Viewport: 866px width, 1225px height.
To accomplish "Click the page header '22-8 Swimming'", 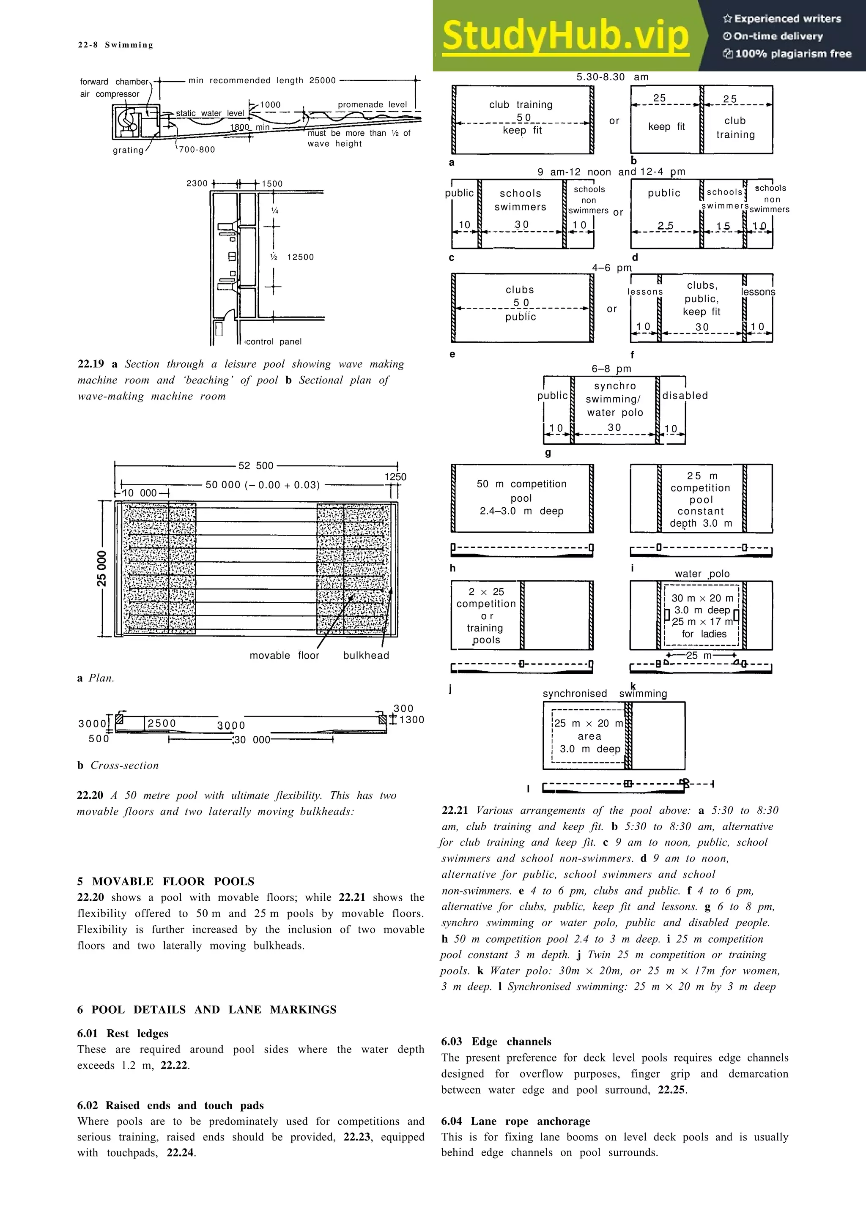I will point(115,45).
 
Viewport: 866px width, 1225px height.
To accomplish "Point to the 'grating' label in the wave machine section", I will point(128,150).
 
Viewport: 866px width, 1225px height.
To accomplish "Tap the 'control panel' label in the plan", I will point(274,342).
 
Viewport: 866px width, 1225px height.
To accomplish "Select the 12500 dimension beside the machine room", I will point(300,257).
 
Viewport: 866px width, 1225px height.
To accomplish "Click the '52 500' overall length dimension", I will point(256,466).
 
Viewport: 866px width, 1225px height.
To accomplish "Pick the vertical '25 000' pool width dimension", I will point(101,569).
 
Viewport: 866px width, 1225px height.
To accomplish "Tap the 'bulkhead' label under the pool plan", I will point(366,655).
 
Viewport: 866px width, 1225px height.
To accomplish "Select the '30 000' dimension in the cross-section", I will point(253,740).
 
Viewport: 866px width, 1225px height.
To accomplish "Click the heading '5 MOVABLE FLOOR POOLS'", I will point(166,881).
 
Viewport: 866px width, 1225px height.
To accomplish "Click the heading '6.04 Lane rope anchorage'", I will point(515,1121).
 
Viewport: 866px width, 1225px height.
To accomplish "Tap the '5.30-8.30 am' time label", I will point(612,77).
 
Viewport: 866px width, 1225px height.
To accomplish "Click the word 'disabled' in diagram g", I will point(685,395).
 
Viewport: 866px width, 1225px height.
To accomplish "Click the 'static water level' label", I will point(210,113).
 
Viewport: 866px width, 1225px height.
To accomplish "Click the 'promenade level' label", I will point(372,104).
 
